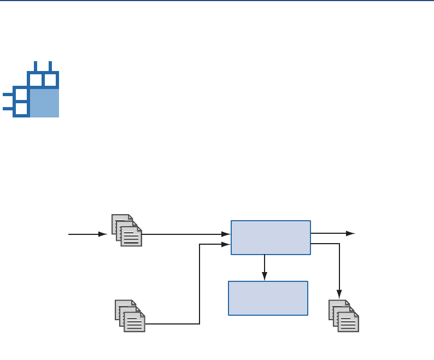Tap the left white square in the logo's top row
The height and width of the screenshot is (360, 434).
[x=36, y=80]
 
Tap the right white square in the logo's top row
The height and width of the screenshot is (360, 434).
[x=50, y=80]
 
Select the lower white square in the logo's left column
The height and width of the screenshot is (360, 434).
[x=21, y=109]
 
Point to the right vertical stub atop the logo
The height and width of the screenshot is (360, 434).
[x=50, y=66]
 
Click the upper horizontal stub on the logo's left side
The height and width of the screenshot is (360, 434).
[x=8, y=95]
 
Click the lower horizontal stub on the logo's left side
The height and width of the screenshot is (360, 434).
[x=8, y=109]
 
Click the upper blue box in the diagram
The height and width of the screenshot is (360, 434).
[x=271, y=237]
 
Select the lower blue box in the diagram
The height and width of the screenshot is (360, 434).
[x=268, y=298]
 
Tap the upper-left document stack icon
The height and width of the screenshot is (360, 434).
[x=127, y=230]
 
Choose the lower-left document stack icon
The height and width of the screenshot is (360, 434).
[x=130, y=316]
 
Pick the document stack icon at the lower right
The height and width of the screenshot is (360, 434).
[x=344, y=316]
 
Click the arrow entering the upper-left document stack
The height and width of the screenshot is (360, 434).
[x=87, y=234]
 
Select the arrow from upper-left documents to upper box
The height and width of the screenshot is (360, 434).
[x=186, y=234]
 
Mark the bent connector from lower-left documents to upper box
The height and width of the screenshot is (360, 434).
[x=200, y=284]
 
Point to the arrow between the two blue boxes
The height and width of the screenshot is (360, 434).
[x=265, y=268]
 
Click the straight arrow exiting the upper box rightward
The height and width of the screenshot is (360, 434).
[x=332, y=233]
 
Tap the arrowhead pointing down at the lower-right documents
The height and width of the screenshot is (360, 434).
[x=339, y=294]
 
